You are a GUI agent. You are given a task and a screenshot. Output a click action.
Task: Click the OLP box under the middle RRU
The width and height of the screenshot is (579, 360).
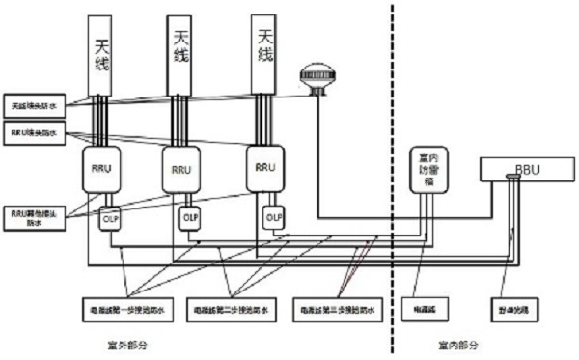(x=190, y=217)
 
